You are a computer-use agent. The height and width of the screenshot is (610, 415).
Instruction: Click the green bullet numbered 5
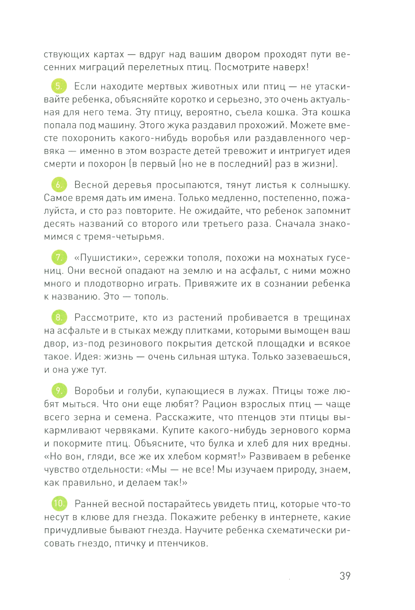[59, 86]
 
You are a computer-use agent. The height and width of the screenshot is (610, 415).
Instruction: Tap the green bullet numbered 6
[59, 184]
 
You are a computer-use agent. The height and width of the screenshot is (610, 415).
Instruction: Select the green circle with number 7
[59, 257]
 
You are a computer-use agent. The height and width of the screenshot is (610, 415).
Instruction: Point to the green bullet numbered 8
[59, 317]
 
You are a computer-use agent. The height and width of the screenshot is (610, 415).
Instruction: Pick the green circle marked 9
[59, 390]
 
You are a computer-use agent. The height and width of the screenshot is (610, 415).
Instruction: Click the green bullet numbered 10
[59, 503]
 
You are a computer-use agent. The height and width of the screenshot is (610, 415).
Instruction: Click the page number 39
[345, 576]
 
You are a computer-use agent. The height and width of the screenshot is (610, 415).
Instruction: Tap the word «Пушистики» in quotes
[106, 258]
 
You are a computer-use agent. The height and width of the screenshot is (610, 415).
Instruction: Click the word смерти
[59, 164]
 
